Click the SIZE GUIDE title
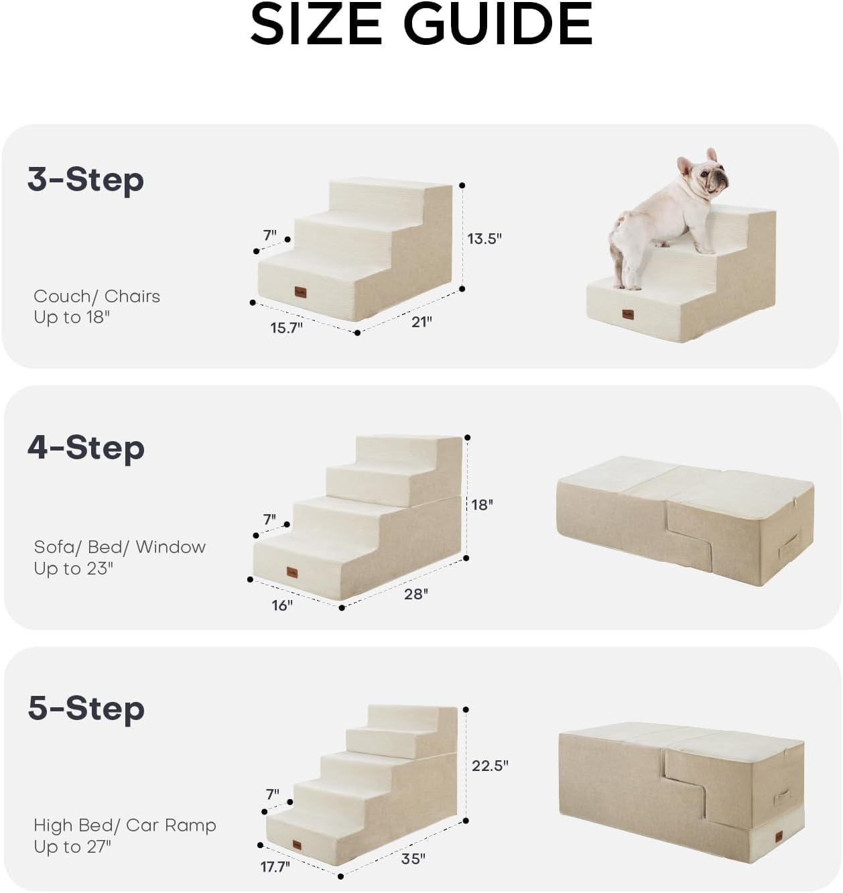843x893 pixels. pyautogui.click(x=421, y=25)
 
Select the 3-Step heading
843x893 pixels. pyautogui.click(x=86, y=180)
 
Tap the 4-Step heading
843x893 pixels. pyautogui.click(x=86, y=448)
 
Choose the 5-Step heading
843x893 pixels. pyautogui.click(x=86, y=709)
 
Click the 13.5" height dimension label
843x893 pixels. pyautogui.click(x=484, y=239)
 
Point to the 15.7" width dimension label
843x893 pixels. pyautogui.click(x=286, y=328)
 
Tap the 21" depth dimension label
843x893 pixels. pyautogui.click(x=421, y=322)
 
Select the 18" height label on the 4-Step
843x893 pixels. pyautogui.click(x=482, y=505)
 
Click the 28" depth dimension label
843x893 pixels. pyautogui.click(x=415, y=594)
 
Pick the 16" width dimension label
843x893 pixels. pyautogui.click(x=281, y=605)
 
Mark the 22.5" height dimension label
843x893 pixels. pyautogui.click(x=490, y=766)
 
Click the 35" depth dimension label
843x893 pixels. pyautogui.click(x=413, y=859)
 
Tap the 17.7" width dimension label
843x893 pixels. pyautogui.click(x=275, y=867)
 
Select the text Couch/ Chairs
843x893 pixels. pyautogui.click(x=97, y=296)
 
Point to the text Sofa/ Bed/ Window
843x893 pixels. pyautogui.click(x=120, y=547)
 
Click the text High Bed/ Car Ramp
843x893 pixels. pyautogui.click(x=125, y=825)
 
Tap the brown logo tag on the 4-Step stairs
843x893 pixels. pyautogui.click(x=292, y=572)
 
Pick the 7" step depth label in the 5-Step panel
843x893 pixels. pyautogui.click(x=272, y=794)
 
